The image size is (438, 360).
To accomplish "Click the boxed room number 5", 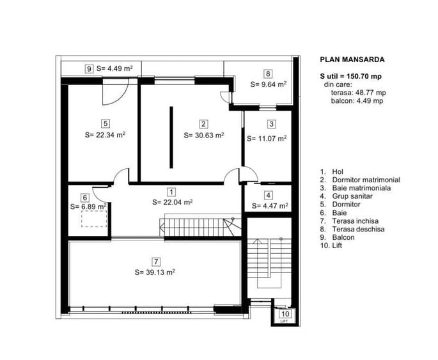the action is pyautogui.click(x=106, y=123).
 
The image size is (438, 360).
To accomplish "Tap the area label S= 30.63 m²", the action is pyautogui.click(x=204, y=135).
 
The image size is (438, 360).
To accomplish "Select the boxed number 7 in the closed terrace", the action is pyautogui.click(x=156, y=262).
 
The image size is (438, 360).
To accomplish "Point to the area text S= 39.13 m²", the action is pyautogui.click(x=155, y=272).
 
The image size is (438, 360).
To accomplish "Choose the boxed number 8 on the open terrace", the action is pyautogui.click(x=268, y=74).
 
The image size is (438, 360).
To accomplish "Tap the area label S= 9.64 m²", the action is pyautogui.click(x=269, y=84).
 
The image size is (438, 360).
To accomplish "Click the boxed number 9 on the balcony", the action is pyautogui.click(x=89, y=68).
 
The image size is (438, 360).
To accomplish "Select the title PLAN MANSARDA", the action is pyautogui.click(x=352, y=59).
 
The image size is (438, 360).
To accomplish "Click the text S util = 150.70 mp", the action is pyautogui.click(x=351, y=76).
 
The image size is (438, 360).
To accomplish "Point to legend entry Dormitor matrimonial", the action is pyautogui.click(x=366, y=180).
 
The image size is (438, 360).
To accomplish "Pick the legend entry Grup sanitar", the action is pyautogui.click(x=352, y=196).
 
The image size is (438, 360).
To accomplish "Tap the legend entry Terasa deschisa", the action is pyautogui.click(x=358, y=229).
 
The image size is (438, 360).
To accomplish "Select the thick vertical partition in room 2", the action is pyautogui.click(x=171, y=137).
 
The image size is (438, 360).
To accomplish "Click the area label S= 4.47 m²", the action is pyautogui.click(x=270, y=206).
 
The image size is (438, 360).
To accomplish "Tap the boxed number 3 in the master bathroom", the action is pyautogui.click(x=271, y=123).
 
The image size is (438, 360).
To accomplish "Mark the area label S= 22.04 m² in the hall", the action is pyautogui.click(x=173, y=202).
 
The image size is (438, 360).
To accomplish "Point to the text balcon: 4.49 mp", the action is pyautogui.click(x=357, y=101).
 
